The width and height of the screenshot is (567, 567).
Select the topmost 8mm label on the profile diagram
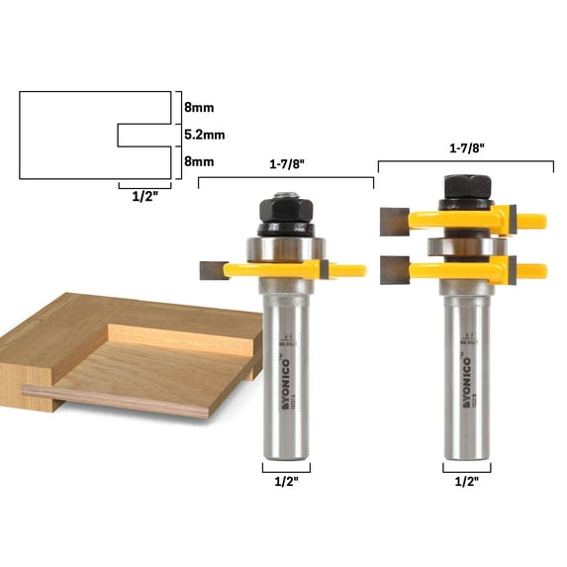tap(198, 107)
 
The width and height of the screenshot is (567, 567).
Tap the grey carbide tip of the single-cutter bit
tap(212, 267)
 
